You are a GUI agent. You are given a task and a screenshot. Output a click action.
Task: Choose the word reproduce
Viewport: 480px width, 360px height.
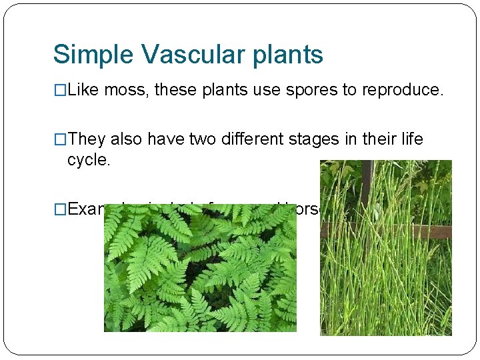403,90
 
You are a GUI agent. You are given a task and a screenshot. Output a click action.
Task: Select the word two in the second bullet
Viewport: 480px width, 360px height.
203,139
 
